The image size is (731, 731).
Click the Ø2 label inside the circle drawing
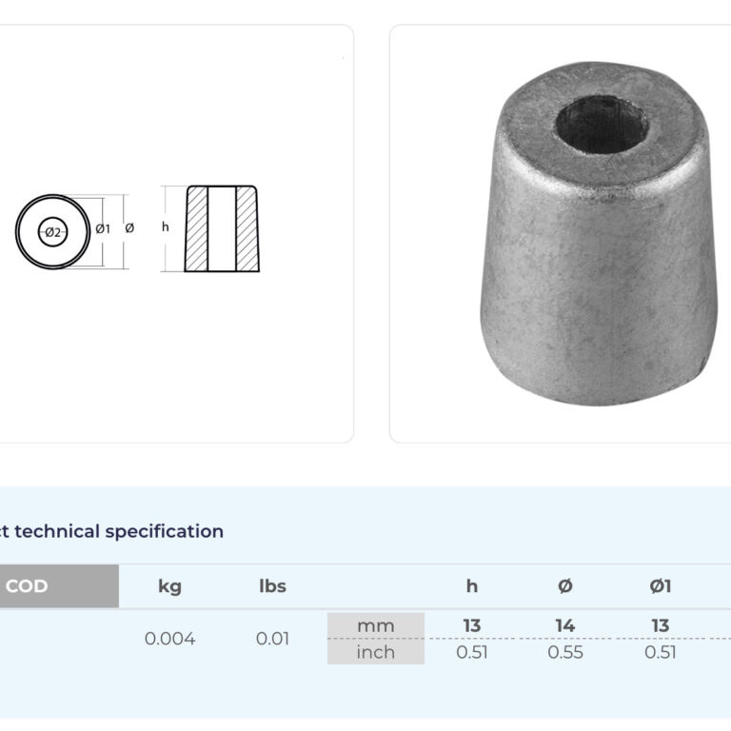[53, 232]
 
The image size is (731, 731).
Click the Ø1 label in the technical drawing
[103, 228]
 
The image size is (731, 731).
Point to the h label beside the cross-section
[166, 227]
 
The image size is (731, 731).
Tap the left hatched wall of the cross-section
[197, 228]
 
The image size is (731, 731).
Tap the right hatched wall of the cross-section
[246, 228]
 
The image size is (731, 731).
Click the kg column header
[169, 586]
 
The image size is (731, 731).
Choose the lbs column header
[272, 586]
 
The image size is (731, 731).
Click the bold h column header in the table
[472, 586]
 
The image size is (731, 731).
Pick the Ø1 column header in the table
[661, 586]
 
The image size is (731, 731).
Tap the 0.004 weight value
[169, 639]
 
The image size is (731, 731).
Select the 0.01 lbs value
[272, 639]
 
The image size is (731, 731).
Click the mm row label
[375, 625]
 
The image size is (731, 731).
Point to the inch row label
[375, 652]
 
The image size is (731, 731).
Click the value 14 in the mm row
[565, 625]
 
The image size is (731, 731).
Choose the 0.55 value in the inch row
[565, 652]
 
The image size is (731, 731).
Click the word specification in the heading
[164, 531]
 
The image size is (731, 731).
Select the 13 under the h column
[472, 625]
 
